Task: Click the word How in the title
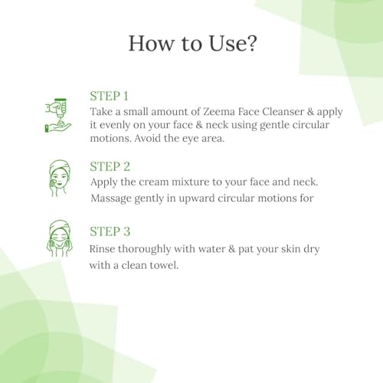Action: pyautogui.click(x=151, y=44)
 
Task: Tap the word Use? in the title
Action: pyautogui.click(x=232, y=44)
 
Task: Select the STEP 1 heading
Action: pyautogui.click(x=109, y=97)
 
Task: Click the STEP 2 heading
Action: pyautogui.click(x=110, y=166)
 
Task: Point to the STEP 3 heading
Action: pyautogui.click(x=110, y=231)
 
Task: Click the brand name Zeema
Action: pyautogui.click(x=219, y=112)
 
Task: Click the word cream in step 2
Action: pyautogui.click(x=154, y=182)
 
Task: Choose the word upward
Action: pyautogui.click(x=196, y=198)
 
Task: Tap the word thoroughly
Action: pyautogui.click(x=144, y=249)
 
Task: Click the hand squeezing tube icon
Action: pyautogui.click(x=57, y=116)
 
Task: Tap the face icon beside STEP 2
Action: pyautogui.click(x=59, y=178)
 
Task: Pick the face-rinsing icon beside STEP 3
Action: pyautogui.click(x=59, y=238)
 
